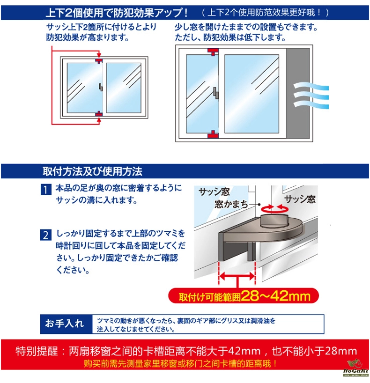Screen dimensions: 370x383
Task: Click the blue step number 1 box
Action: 46,190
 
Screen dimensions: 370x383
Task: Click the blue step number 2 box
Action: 46,235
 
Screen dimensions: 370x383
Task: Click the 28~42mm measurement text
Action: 276,296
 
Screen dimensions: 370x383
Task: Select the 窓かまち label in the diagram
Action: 231,204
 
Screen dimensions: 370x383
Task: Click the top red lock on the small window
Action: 99,60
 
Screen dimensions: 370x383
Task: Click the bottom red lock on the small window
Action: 99,113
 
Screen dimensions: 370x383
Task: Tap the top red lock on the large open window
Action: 213,52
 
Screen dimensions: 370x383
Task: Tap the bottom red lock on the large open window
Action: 213,134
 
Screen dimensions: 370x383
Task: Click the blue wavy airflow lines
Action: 311,96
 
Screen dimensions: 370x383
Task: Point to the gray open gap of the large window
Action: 298,93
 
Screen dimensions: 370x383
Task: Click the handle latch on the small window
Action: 100,87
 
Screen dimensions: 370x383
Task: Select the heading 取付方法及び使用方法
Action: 92,171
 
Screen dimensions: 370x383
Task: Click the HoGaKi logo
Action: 356,368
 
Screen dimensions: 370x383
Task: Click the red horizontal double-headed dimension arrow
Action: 237,277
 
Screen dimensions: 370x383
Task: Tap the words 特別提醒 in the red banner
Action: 37,351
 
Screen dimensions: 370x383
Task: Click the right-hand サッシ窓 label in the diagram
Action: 300,199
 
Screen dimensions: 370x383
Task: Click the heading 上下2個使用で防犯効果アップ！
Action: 117,13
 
